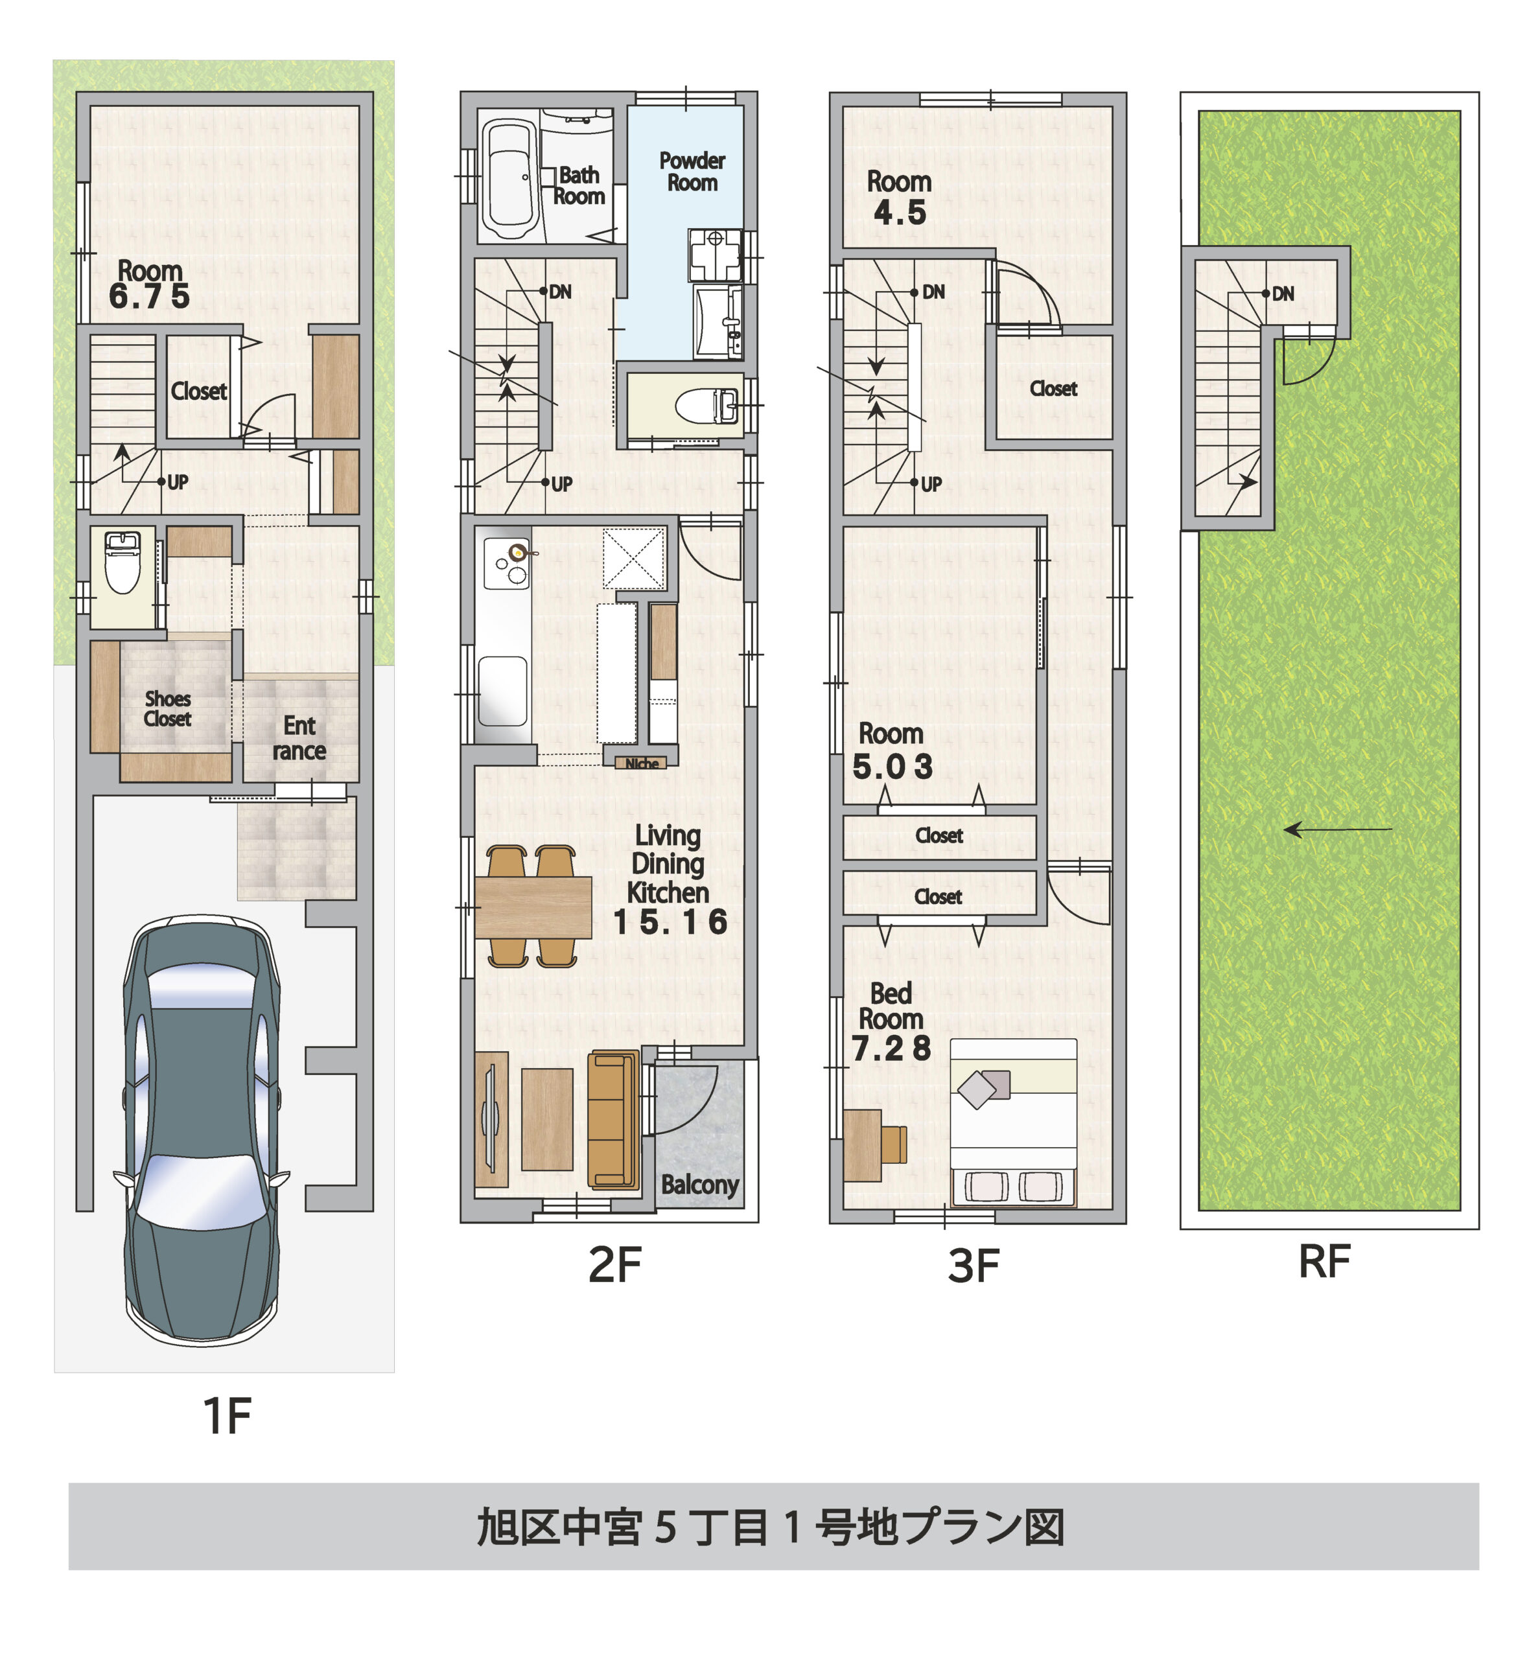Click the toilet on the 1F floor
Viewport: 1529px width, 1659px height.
click(123, 563)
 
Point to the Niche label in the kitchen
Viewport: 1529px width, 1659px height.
click(641, 763)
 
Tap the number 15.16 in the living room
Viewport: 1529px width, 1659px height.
click(670, 922)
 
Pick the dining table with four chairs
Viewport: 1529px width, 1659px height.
click(533, 907)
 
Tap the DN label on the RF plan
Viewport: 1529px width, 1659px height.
click(1283, 294)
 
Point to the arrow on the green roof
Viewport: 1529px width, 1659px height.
click(1336, 829)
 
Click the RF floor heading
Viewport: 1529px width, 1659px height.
click(1324, 1262)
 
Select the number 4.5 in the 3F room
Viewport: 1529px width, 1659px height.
click(900, 213)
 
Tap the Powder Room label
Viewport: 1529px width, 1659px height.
click(692, 171)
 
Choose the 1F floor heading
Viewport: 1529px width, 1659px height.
click(227, 1415)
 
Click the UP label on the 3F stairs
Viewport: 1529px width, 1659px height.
click(931, 485)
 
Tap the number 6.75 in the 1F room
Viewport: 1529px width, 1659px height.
click(149, 296)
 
